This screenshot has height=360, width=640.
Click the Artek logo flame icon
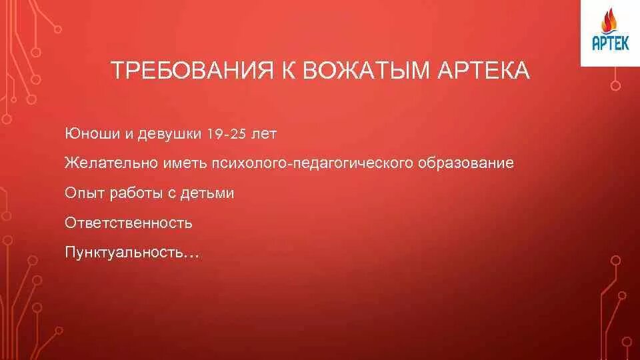(x=609, y=24)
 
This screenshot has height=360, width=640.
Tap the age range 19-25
(x=227, y=134)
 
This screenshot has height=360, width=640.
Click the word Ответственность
(x=129, y=223)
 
